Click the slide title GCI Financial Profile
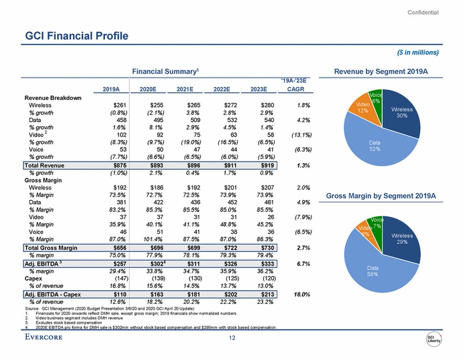(x=77, y=36)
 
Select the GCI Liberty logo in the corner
(x=435, y=339)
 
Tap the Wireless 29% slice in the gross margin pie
(x=403, y=238)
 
